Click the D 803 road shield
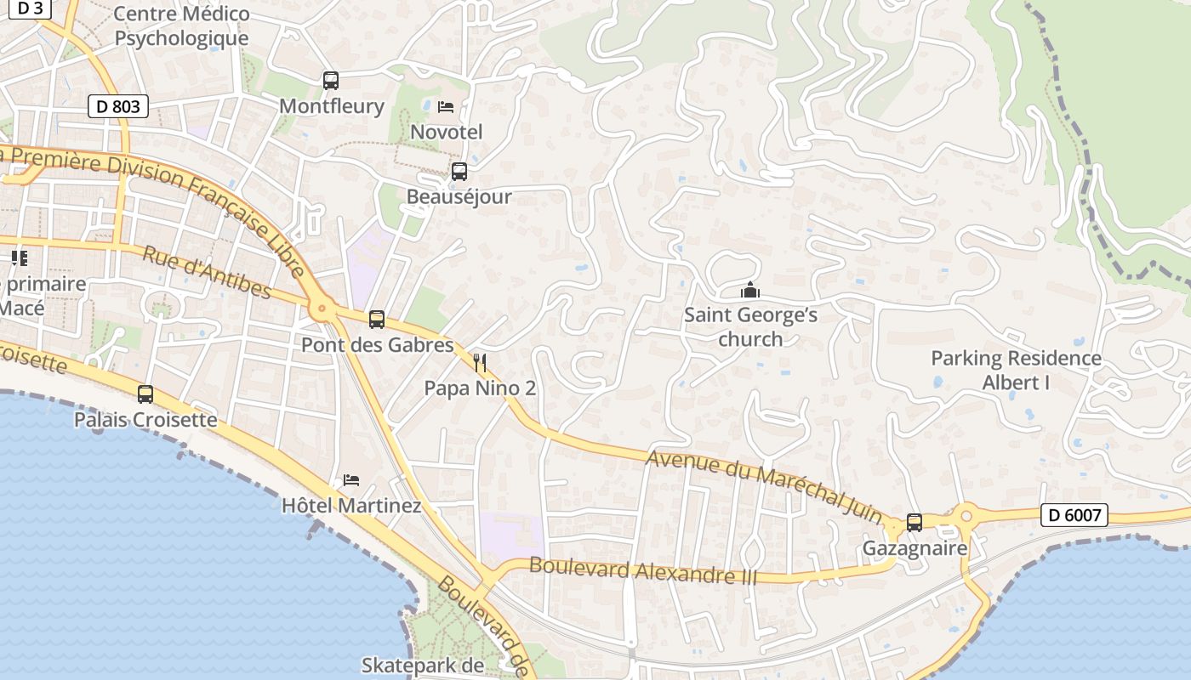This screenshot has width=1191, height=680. pyautogui.click(x=118, y=106)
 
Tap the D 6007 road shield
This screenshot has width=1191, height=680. pyautogui.click(x=1074, y=514)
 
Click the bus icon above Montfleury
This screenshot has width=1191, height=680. pyautogui.click(x=331, y=81)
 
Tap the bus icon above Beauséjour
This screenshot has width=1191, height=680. pyautogui.click(x=459, y=171)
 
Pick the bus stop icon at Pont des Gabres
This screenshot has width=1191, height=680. pyautogui.click(x=377, y=320)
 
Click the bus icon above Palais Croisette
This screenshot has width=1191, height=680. pyautogui.click(x=145, y=394)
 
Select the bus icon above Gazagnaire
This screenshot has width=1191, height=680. pyautogui.click(x=915, y=522)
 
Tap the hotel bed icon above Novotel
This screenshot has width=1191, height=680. pyautogui.click(x=446, y=106)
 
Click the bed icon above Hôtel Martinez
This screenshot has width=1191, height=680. pyautogui.click(x=351, y=479)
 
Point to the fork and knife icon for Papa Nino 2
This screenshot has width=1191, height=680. pyautogui.click(x=480, y=363)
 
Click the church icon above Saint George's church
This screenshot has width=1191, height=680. pyautogui.click(x=750, y=291)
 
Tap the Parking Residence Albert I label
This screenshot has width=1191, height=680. pyautogui.click(x=1016, y=370)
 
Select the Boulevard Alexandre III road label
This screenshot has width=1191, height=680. pyautogui.click(x=642, y=570)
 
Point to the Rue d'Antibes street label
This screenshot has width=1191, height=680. pyautogui.click(x=207, y=273)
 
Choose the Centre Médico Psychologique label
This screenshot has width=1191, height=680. pyautogui.click(x=181, y=26)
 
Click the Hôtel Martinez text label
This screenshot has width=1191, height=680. pyautogui.click(x=351, y=506)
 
